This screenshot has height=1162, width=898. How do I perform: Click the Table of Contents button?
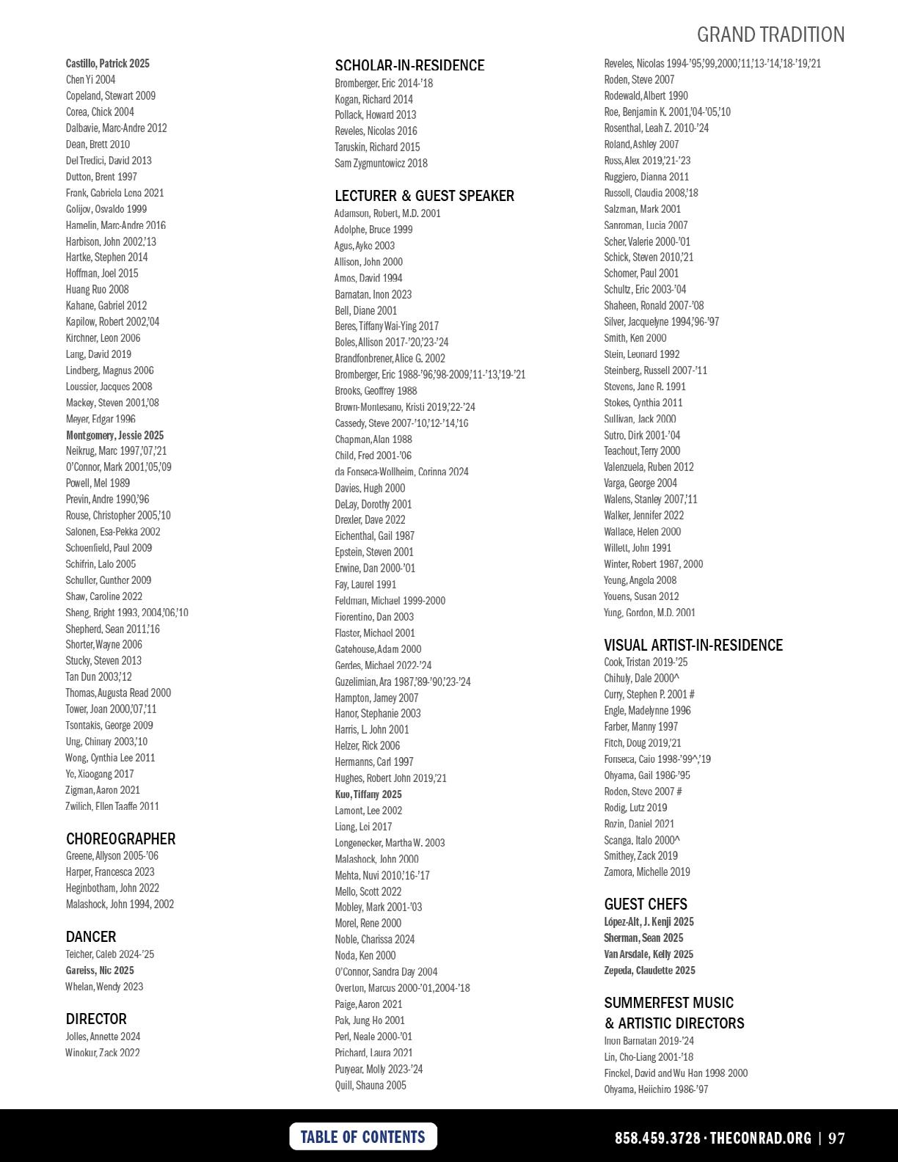point(363,1136)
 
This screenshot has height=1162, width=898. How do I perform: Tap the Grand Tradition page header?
point(770,34)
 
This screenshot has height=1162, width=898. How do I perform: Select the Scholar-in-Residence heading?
point(409,65)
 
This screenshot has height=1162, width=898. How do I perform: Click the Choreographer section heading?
point(120,838)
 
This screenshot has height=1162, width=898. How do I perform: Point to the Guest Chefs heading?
point(646,904)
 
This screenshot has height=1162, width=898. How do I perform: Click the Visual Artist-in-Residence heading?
point(693,645)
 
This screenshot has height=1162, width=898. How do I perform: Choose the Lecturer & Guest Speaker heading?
point(424,196)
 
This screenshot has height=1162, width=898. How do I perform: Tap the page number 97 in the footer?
point(836,1138)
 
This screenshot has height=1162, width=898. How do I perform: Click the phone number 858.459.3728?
point(657,1138)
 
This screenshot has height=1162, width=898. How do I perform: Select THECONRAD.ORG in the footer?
point(760,1138)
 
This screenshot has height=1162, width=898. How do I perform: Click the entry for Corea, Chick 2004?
point(100,112)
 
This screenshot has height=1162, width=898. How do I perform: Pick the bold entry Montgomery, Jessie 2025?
point(114,435)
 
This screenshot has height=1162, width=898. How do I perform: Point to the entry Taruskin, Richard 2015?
point(377,147)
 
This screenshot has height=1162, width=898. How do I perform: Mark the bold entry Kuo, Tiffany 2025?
point(368,794)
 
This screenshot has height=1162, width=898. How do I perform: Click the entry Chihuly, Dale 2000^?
point(641,679)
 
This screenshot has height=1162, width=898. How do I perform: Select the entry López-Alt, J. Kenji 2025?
point(649,922)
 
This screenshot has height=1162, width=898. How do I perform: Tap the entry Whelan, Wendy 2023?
point(104,987)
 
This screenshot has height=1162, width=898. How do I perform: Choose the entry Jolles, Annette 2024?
point(103,1037)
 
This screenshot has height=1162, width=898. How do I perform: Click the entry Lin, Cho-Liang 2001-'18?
point(649,1057)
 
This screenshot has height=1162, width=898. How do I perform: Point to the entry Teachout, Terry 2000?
point(642,451)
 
